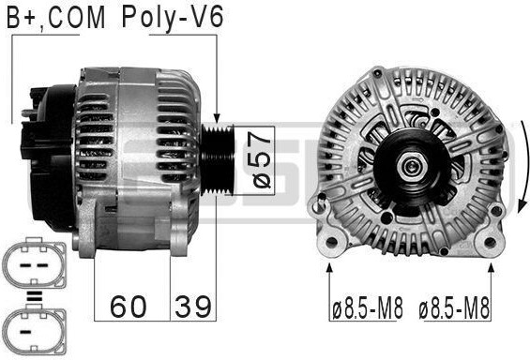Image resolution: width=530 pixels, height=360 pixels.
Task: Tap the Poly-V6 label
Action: pyautogui.click(x=173, y=18)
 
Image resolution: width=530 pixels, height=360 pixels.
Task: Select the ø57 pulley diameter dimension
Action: pyautogui.click(x=262, y=160)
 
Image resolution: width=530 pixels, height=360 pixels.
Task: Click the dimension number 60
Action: pyautogui.click(x=129, y=307)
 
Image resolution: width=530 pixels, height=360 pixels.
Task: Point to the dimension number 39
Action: pyautogui.click(x=193, y=307)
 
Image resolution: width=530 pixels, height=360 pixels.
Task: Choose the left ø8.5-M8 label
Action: pyautogui.click(x=368, y=307)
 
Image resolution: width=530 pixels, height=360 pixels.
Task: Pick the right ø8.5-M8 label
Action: pyautogui.click(x=454, y=307)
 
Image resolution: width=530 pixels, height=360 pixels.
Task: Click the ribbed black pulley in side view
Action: pyautogui.click(x=218, y=159)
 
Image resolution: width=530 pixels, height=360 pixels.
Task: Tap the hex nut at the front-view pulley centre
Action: pyautogui.click(x=410, y=166)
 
